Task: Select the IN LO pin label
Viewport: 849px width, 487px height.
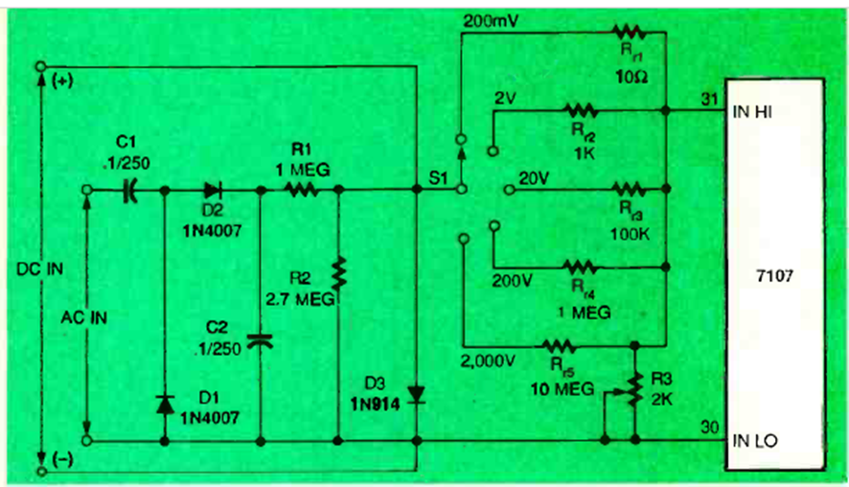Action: click(755, 442)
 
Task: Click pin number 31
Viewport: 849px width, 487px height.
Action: click(710, 99)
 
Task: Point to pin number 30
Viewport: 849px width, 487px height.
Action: click(710, 427)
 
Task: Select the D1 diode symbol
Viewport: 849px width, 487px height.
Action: click(166, 404)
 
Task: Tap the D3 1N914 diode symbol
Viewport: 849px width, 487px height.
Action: click(415, 394)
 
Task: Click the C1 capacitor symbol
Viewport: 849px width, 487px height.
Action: click(129, 191)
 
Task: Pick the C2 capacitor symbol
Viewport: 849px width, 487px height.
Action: click(261, 338)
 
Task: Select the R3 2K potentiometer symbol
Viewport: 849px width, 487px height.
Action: click(630, 384)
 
